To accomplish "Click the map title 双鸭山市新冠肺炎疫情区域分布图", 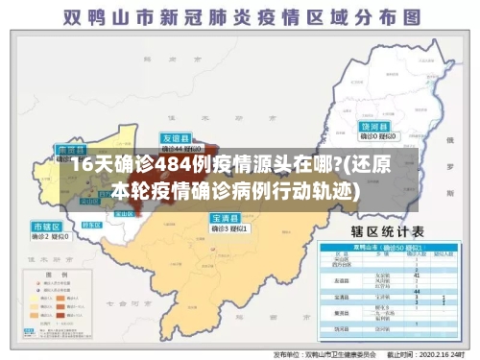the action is [240, 17].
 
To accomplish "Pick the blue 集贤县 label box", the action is [71, 150].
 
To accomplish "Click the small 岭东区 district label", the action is [92, 223].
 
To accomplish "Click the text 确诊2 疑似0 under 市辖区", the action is [47, 235].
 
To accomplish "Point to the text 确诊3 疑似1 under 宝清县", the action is [229, 228].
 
